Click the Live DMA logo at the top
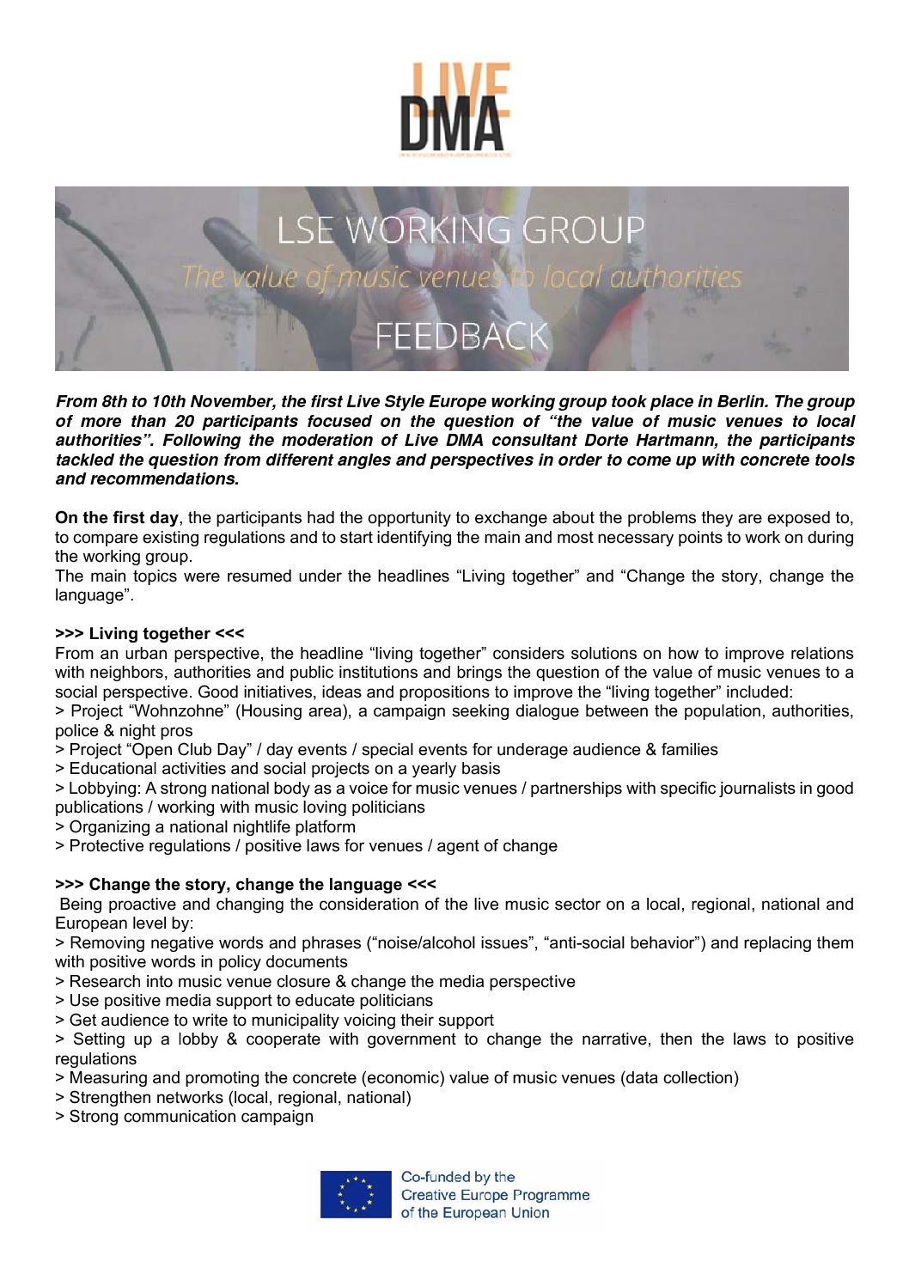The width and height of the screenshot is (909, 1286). coord(454,108)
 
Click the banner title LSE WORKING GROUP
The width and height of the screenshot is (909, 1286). coord(460,230)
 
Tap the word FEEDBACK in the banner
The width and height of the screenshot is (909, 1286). coord(461,335)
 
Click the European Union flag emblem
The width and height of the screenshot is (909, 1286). coord(355,1194)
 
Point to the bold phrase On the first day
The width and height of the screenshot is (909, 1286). coord(117,518)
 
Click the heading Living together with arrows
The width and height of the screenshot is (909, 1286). coord(149,634)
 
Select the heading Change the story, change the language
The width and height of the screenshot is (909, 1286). coord(245,885)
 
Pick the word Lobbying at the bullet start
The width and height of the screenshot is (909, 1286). coord(102,789)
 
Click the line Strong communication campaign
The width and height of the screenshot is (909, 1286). coord(191,1117)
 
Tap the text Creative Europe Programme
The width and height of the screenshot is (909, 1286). coord(495,1195)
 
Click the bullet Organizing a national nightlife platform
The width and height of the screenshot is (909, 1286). coord(211,827)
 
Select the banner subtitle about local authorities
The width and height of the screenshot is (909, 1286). coord(461,277)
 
